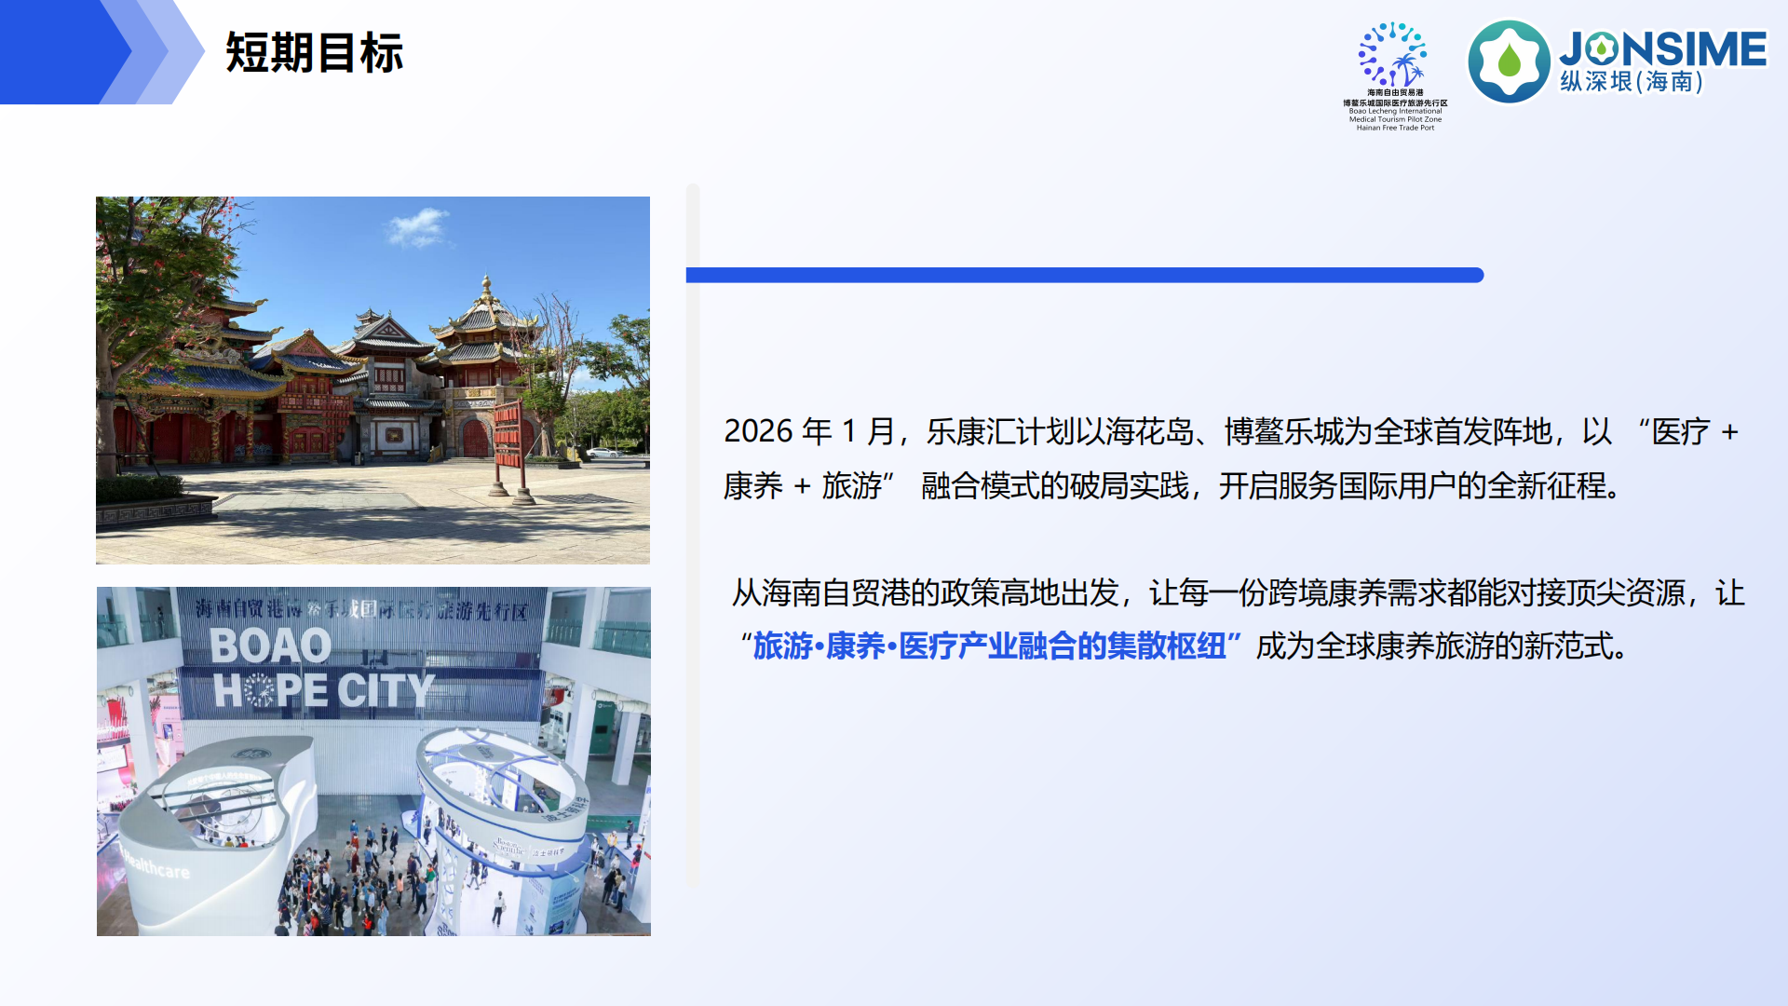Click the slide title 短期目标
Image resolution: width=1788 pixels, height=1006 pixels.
314,53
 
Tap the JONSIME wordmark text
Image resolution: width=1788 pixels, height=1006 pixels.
1663,49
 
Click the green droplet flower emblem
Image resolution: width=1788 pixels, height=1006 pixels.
1509,61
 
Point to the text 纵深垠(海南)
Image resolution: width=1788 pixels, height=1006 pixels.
1632,82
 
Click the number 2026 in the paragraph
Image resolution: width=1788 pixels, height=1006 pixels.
758,431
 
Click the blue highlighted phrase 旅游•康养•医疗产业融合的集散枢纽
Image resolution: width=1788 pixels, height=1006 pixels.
989,646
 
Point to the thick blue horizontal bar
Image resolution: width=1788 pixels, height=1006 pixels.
1084,275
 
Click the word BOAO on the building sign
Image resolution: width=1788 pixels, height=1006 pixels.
270,646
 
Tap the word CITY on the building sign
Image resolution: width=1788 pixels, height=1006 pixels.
386,690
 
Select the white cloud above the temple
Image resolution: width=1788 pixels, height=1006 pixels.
419,226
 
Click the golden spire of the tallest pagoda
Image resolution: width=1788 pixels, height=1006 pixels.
485,285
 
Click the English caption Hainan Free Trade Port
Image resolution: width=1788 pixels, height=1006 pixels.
1395,128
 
